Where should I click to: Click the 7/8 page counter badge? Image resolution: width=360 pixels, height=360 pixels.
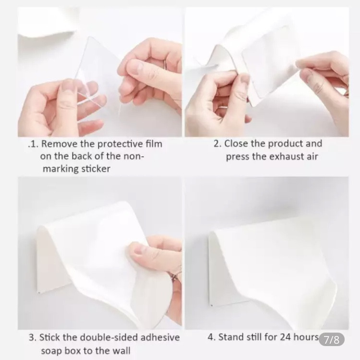pos(332,339)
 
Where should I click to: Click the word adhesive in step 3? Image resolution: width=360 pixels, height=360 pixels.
pos(160,338)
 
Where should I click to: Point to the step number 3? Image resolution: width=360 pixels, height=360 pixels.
pos(32,338)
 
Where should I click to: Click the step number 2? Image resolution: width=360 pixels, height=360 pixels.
pos(217,144)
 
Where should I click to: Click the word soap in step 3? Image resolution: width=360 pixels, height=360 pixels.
pos(51,351)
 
